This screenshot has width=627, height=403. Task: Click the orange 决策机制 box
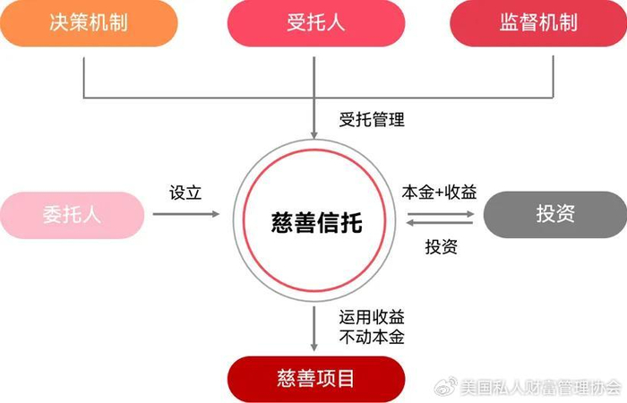(88, 22)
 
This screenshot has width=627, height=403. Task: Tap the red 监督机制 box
(538, 22)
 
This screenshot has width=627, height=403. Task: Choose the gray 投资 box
(554, 215)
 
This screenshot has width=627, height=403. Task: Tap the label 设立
(186, 193)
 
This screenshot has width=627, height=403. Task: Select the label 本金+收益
(440, 193)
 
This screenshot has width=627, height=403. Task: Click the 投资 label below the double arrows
(441, 247)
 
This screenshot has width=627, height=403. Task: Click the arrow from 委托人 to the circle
(185, 215)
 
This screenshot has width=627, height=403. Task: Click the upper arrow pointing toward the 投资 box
(439, 213)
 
